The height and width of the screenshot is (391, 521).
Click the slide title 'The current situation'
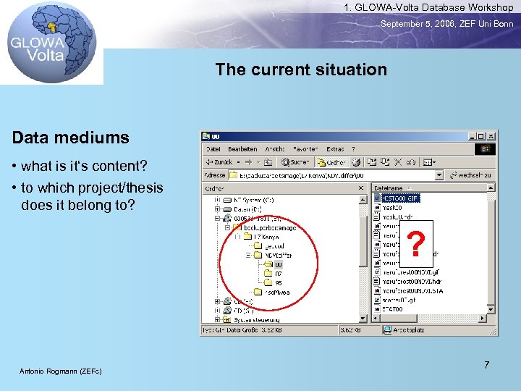301,70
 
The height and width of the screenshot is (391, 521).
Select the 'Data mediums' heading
70,138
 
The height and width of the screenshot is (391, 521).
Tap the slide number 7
486,365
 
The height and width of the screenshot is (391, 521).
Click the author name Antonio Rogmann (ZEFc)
61,371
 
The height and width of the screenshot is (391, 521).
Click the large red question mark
415,244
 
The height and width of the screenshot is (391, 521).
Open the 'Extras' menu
335,149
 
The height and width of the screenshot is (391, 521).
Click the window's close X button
491,136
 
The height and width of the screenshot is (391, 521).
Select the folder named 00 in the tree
278,265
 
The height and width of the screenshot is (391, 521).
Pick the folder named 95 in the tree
278,283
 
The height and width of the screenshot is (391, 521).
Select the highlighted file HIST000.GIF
402,198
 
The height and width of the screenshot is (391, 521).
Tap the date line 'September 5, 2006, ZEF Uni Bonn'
446,24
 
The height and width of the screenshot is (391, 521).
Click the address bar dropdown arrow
439,175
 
